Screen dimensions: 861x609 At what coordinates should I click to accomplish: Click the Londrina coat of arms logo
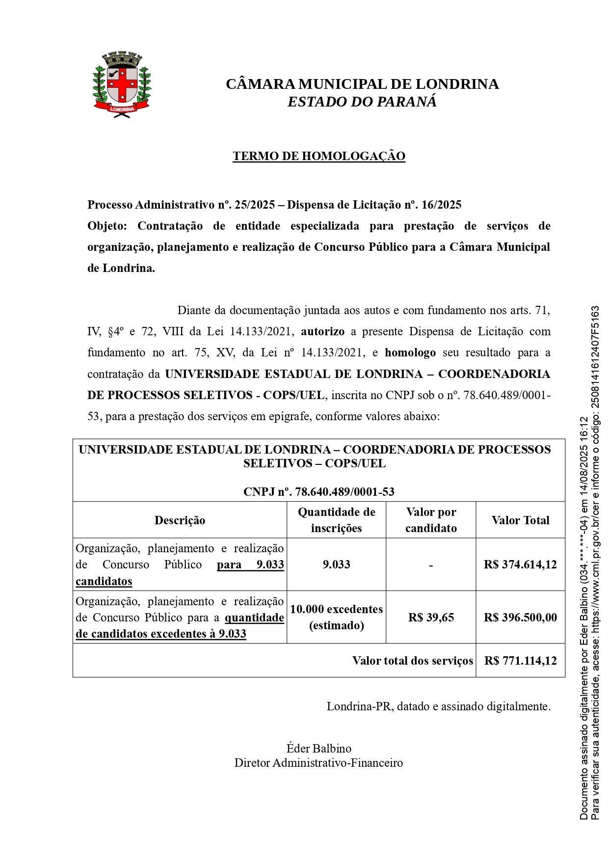(x=122, y=84)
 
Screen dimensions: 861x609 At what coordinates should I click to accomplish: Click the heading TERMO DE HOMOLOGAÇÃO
(x=319, y=156)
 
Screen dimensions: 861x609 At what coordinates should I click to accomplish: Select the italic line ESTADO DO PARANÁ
(x=362, y=102)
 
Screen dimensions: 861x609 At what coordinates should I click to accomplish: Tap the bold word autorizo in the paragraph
(x=322, y=331)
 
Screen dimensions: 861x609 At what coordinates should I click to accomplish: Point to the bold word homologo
(x=410, y=352)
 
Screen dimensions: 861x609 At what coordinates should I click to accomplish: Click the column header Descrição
(x=180, y=520)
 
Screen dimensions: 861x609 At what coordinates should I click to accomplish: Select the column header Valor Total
(x=520, y=520)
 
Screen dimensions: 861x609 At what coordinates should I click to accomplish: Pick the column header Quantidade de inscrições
(x=336, y=520)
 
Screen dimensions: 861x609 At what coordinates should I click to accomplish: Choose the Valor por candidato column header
(x=431, y=520)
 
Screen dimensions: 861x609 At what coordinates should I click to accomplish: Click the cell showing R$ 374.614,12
(x=520, y=565)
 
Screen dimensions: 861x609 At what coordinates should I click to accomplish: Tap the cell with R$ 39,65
(x=431, y=618)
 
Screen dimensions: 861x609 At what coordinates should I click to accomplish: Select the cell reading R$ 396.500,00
(x=520, y=618)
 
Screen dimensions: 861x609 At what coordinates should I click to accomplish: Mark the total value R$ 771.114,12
(x=520, y=661)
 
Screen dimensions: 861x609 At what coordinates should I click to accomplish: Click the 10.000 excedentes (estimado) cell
(x=336, y=617)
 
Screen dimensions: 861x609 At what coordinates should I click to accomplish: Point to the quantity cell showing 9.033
(x=336, y=565)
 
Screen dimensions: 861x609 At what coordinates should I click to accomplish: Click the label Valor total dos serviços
(x=412, y=661)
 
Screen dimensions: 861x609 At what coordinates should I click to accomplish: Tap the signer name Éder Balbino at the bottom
(x=319, y=749)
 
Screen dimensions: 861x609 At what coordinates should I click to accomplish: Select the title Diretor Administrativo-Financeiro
(x=318, y=763)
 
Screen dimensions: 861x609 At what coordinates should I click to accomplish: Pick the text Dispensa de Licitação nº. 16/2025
(x=374, y=205)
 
